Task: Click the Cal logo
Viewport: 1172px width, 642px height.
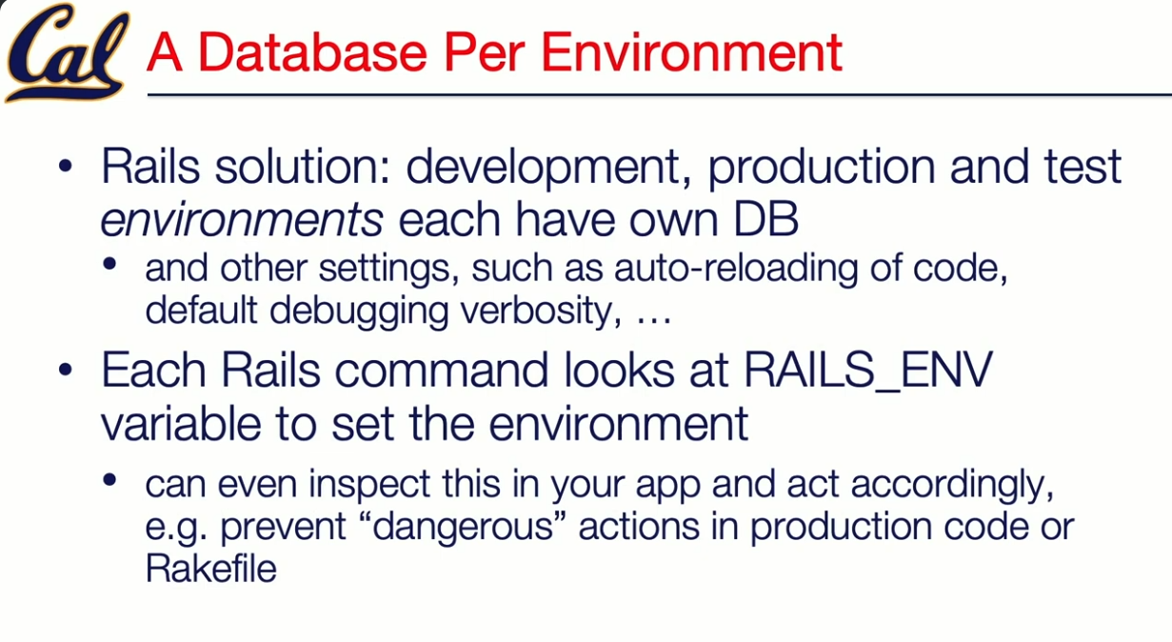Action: [67, 52]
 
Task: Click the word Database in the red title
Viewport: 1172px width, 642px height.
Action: [312, 51]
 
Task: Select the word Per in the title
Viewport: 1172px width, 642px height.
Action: [484, 51]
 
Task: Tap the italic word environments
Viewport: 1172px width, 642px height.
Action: [242, 219]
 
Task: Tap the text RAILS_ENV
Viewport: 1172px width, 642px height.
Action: [867, 371]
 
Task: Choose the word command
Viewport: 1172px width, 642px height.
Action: [441, 371]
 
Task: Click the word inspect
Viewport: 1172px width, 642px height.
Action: [370, 485]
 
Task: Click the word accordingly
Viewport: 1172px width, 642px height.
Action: [952, 485]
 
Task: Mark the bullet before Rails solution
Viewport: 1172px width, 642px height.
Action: [66, 167]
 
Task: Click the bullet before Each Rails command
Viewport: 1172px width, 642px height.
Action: [66, 371]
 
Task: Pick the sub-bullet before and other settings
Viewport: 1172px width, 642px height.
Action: [109, 264]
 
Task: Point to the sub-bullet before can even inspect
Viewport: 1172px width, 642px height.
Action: [109, 479]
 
